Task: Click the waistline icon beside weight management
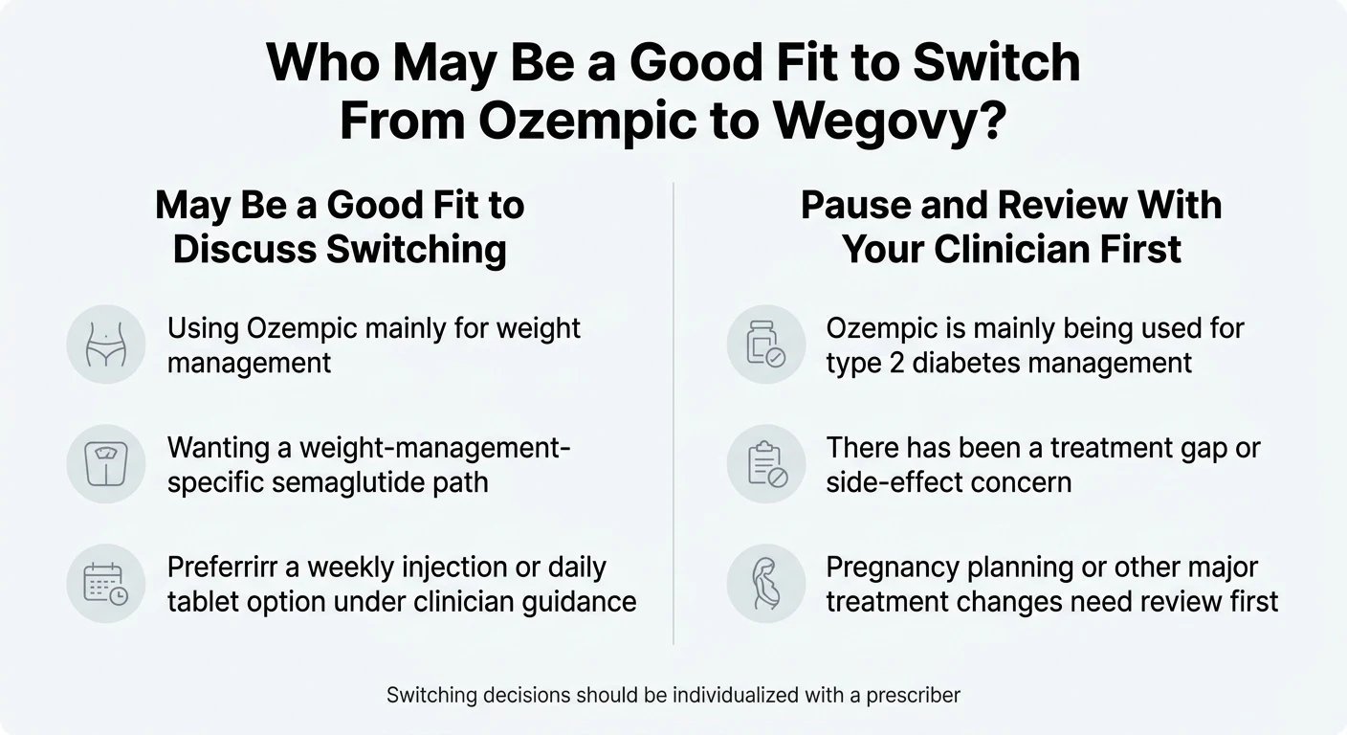click(105, 345)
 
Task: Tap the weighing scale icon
click(105, 464)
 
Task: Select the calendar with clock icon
click(105, 584)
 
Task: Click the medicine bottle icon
click(766, 345)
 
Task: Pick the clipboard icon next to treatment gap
click(766, 464)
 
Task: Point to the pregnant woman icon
click(766, 584)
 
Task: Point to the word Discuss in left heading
click(244, 249)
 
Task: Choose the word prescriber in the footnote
click(913, 695)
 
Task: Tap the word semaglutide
click(353, 481)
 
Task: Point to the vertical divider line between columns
click(673, 412)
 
